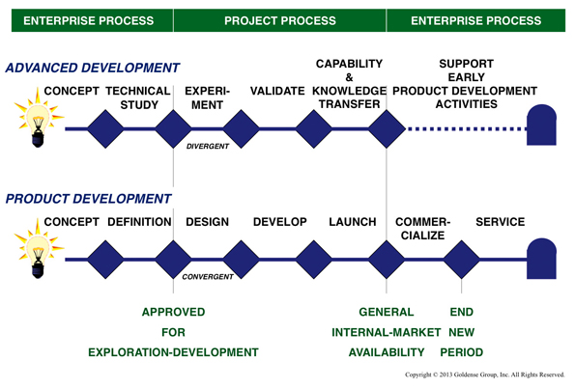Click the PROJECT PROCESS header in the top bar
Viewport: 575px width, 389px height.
280,19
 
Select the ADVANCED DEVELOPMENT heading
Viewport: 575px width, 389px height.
93,69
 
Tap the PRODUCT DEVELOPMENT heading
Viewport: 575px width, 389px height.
89,199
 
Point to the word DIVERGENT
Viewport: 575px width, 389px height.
208,148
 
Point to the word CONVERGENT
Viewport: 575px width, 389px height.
209,277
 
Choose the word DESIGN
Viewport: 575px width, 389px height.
207,222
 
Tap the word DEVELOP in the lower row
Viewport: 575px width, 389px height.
279,222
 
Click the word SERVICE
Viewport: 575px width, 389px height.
500,222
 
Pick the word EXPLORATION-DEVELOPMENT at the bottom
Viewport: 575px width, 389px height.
174,352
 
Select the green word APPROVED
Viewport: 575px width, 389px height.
174,312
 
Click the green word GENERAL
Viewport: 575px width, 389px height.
387,312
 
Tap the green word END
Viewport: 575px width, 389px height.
462,312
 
